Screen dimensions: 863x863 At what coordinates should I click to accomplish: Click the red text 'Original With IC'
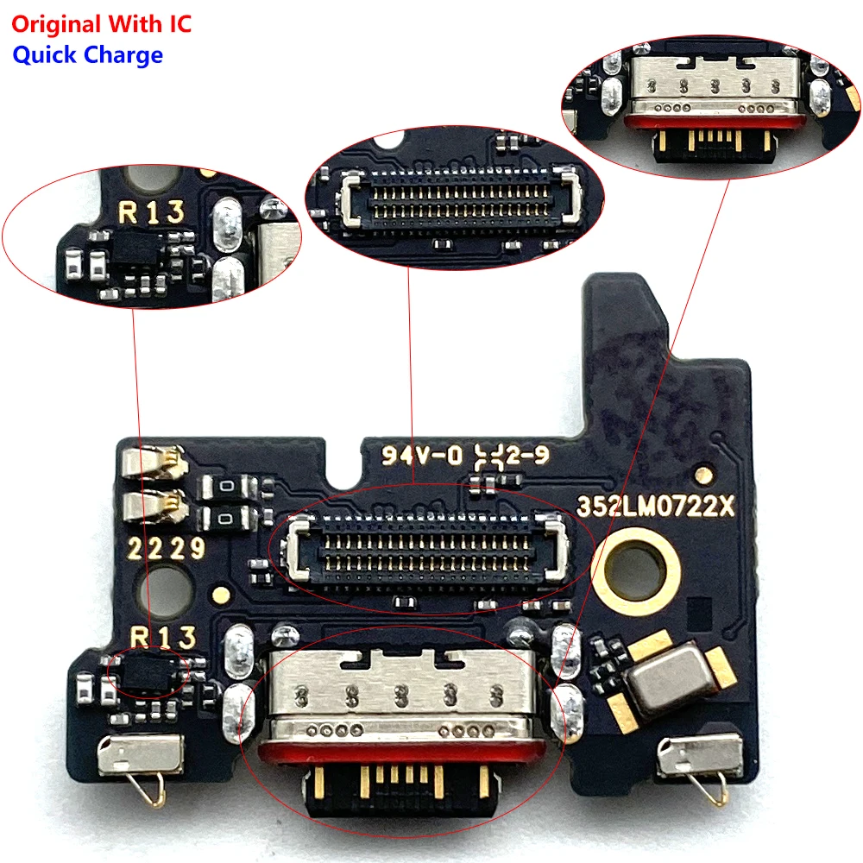pos(101,23)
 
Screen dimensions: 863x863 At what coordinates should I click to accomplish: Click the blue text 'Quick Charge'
pos(87,55)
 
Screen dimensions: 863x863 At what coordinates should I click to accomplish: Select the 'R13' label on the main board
pos(163,639)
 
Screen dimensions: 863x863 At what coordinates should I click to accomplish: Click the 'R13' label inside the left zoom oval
pos(153,211)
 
